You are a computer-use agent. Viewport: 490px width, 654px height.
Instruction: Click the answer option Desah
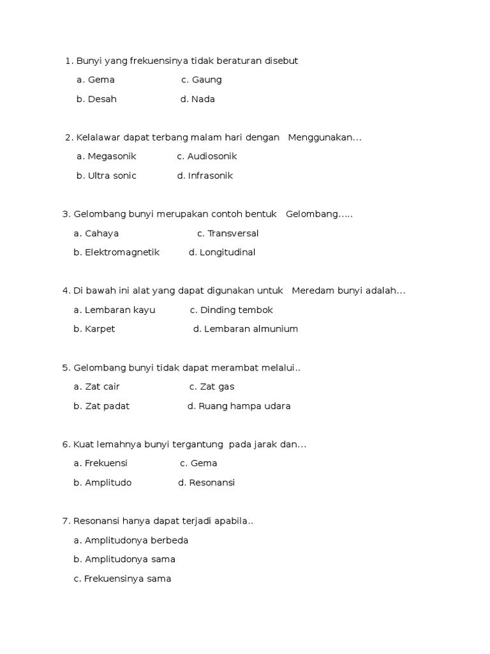coord(102,99)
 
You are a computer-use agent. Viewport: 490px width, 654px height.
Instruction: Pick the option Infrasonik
coord(210,176)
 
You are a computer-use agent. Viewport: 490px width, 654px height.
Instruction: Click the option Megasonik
coord(112,156)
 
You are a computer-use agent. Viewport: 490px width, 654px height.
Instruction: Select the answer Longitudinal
coord(227,252)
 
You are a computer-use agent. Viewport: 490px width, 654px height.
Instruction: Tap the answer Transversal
coord(233,233)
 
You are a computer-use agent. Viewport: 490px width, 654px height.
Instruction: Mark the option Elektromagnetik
coord(122,252)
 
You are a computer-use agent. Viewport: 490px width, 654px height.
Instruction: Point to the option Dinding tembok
coord(236,310)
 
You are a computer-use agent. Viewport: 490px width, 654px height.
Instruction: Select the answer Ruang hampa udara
coord(244,406)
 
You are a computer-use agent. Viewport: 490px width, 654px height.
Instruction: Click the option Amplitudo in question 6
coord(108,482)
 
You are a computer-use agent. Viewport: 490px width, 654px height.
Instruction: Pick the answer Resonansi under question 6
coord(212,482)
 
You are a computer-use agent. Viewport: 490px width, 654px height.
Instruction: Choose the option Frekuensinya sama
coord(128,579)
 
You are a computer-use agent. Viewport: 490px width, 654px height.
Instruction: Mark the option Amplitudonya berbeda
coord(136,540)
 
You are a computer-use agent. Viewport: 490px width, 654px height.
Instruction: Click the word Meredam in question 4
coord(310,291)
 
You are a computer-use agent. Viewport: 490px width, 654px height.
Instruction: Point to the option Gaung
coord(207,80)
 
